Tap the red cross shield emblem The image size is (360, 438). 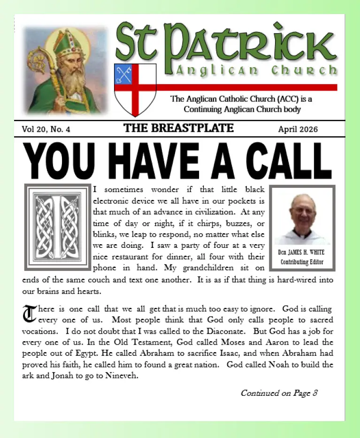[135, 89]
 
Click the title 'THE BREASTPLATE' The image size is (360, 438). [178, 128]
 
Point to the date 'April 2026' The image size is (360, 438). [298, 129]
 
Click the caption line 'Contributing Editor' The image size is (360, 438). [302, 262]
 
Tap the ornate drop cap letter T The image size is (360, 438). [29, 314]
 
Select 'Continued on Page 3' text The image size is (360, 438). [279, 393]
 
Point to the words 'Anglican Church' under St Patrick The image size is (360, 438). [256, 71]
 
